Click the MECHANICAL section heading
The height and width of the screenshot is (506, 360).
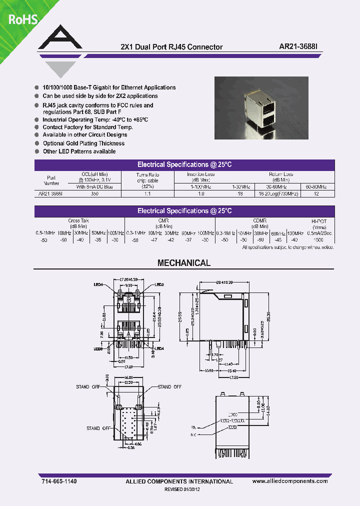pyautogui.click(x=184, y=263)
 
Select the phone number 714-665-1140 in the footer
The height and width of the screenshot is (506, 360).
pyautogui.click(x=59, y=481)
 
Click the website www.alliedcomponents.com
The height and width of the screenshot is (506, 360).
pyautogui.click(x=290, y=481)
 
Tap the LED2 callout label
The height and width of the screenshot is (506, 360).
pyautogui.click(x=159, y=284)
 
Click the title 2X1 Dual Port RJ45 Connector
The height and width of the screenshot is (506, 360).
pyautogui.click(x=171, y=47)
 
